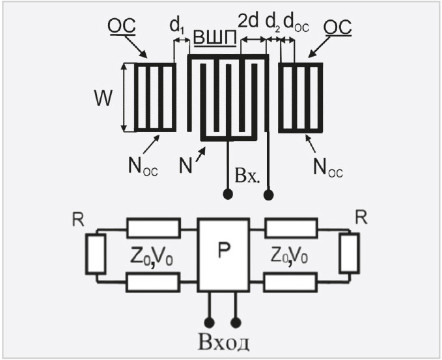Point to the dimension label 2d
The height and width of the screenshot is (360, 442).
pyautogui.click(x=249, y=22)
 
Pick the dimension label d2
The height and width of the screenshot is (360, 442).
pyautogui.click(x=271, y=24)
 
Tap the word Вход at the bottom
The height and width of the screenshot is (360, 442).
pyautogui.click(x=223, y=342)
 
